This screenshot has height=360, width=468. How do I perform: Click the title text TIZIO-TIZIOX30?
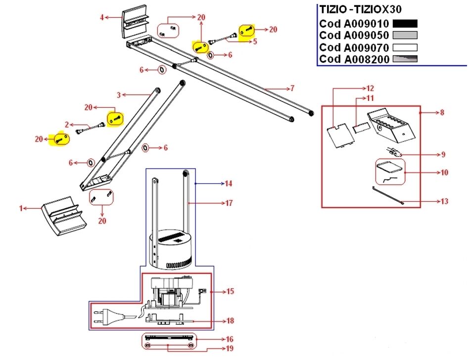click(x=360, y=9)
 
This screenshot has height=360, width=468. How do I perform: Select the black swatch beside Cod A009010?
click(x=405, y=23)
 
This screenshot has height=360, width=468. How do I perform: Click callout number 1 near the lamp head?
click(x=21, y=209)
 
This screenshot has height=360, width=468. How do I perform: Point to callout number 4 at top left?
click(x=101, y=18)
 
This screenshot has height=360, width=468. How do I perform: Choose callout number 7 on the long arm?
click(x=292, y=89)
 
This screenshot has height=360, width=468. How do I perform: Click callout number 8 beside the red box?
click(x=442, y=113)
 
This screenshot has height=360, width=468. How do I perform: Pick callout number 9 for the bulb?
click(x=443, y=155)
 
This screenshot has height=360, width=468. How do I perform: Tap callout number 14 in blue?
click(x=228, y=183)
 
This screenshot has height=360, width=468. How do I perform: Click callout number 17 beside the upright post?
click(x=229, y=203)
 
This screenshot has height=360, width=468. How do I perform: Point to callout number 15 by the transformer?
click(x=230, y=291)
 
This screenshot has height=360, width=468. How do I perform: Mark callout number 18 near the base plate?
click(x=230, y=321)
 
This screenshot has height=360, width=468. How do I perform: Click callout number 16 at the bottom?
click(x=230, y=339)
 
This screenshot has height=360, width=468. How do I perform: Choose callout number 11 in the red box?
click(x=370, y=98)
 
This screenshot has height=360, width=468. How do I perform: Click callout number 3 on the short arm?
click(x=119, y=94)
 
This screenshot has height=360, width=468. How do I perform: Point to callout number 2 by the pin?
click(x=67, y=125)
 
